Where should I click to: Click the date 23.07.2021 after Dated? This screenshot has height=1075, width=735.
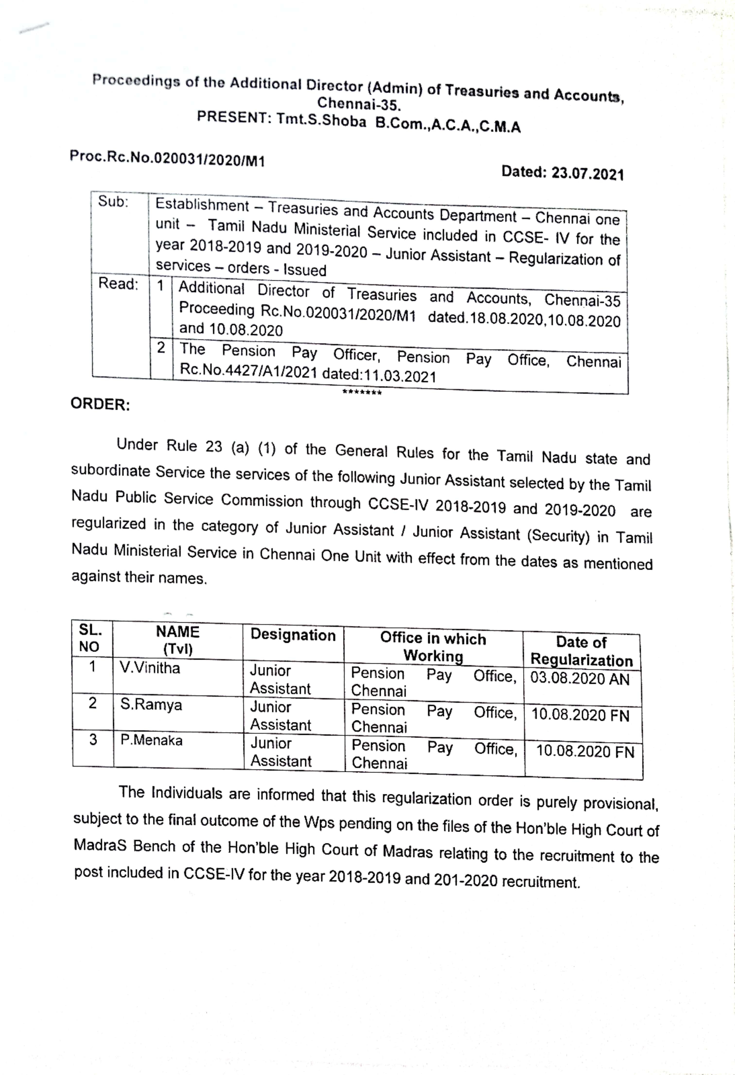click(x=587, y=173)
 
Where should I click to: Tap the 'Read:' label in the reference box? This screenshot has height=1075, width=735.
click(x=118, y=284)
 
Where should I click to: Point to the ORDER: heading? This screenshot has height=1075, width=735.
click(x=100, y=404)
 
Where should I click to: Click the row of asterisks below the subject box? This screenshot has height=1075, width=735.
click(x=362, y=393)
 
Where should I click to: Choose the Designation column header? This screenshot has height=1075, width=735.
click(x=293, y=635)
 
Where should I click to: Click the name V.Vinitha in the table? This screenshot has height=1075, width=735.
click(x=149, y=668)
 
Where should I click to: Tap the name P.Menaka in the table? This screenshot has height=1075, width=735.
click(x=151, y=740)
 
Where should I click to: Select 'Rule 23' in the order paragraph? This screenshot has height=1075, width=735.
click(x=194, y=446)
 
